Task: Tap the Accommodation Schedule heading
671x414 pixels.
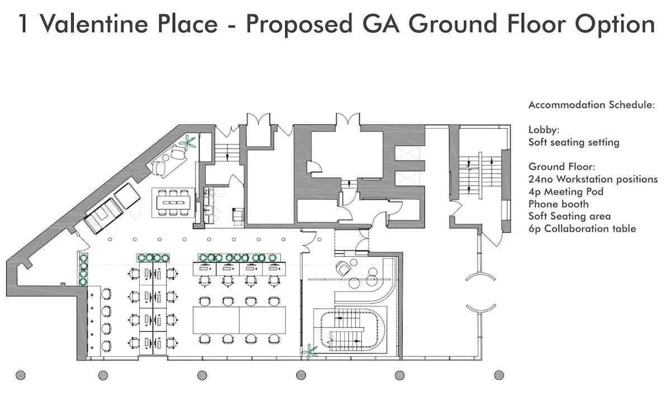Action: [x=592, y=105]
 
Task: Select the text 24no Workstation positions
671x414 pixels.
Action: [x=593, y=179]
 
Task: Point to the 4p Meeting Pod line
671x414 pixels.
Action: [x=566, y=191]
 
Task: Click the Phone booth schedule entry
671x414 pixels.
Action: [x=559, y=204]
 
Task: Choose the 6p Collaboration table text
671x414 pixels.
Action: [x=582, y=229]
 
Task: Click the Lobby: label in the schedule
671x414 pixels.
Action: [x=544, y=130]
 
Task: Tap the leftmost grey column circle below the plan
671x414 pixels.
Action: [x=20, y=375]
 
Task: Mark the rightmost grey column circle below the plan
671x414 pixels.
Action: [x=499, y=375]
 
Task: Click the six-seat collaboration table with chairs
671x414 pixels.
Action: [x=173, y=203]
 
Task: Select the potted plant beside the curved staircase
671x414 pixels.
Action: [x=309, y=351]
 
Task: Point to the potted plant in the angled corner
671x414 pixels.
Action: [x=188, y=142]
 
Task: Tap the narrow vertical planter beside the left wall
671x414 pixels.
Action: [x=83, y=269]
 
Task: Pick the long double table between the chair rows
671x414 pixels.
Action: [x=239, y=320]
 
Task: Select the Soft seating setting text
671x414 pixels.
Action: [x=574, y=143]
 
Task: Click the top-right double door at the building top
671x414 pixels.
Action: [x=347, y=119]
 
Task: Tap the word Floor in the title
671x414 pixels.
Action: [x=536, y=24]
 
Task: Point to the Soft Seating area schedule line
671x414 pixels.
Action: [x=569, y=217]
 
